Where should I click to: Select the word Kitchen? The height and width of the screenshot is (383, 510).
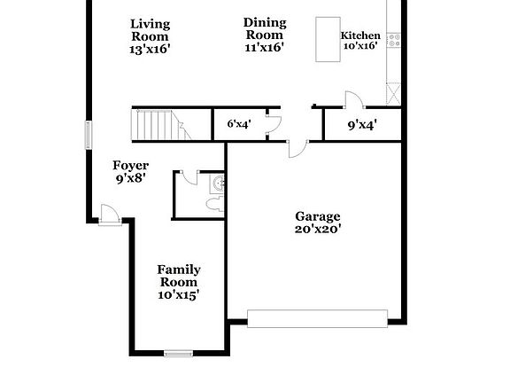360,35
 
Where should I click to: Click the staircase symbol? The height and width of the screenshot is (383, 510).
158,125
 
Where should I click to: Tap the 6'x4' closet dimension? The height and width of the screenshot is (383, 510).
239,125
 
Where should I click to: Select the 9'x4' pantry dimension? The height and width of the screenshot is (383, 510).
363,125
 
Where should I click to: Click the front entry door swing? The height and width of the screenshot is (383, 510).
108,213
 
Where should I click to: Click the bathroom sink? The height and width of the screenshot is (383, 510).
220,184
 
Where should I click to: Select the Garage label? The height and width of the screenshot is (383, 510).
318,215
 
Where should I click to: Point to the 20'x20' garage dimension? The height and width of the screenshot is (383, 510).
318,229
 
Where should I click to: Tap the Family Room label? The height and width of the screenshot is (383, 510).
179,276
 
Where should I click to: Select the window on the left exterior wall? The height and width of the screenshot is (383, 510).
88,135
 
